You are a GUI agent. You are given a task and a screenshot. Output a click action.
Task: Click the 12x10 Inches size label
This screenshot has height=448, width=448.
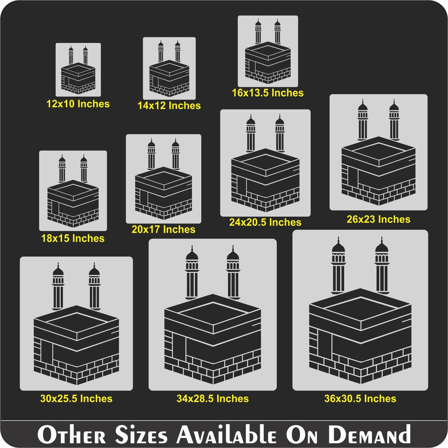point(78,104)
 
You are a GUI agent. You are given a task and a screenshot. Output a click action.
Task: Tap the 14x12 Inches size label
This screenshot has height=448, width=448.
point(169,106)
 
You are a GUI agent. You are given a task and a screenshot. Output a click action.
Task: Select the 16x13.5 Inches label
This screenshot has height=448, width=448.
point(268,93)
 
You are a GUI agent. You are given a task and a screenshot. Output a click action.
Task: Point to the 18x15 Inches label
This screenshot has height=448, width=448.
point(73,238)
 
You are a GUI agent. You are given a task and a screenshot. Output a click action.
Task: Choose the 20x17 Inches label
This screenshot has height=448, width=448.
point(164,230)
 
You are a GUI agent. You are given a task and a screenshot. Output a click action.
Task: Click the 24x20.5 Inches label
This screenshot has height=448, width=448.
point(265,222)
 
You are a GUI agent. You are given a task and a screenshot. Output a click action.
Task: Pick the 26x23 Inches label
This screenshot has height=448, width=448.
point(379,219)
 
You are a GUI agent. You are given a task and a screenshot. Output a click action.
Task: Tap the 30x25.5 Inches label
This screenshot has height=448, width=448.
point(77,398)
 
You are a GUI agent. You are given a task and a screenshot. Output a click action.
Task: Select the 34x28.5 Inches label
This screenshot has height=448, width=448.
point(213,398)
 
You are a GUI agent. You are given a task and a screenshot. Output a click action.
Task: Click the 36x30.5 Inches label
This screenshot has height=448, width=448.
point(360,398)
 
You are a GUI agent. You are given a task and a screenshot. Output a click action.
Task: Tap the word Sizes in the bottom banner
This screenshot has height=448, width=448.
point(141,434)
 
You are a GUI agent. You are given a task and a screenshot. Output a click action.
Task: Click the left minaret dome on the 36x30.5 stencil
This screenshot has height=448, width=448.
point(338,245)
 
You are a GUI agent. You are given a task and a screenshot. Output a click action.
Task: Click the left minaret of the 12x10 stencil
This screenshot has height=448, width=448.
point(71,55)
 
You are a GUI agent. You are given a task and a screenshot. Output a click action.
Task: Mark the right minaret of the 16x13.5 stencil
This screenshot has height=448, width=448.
point(278,32)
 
